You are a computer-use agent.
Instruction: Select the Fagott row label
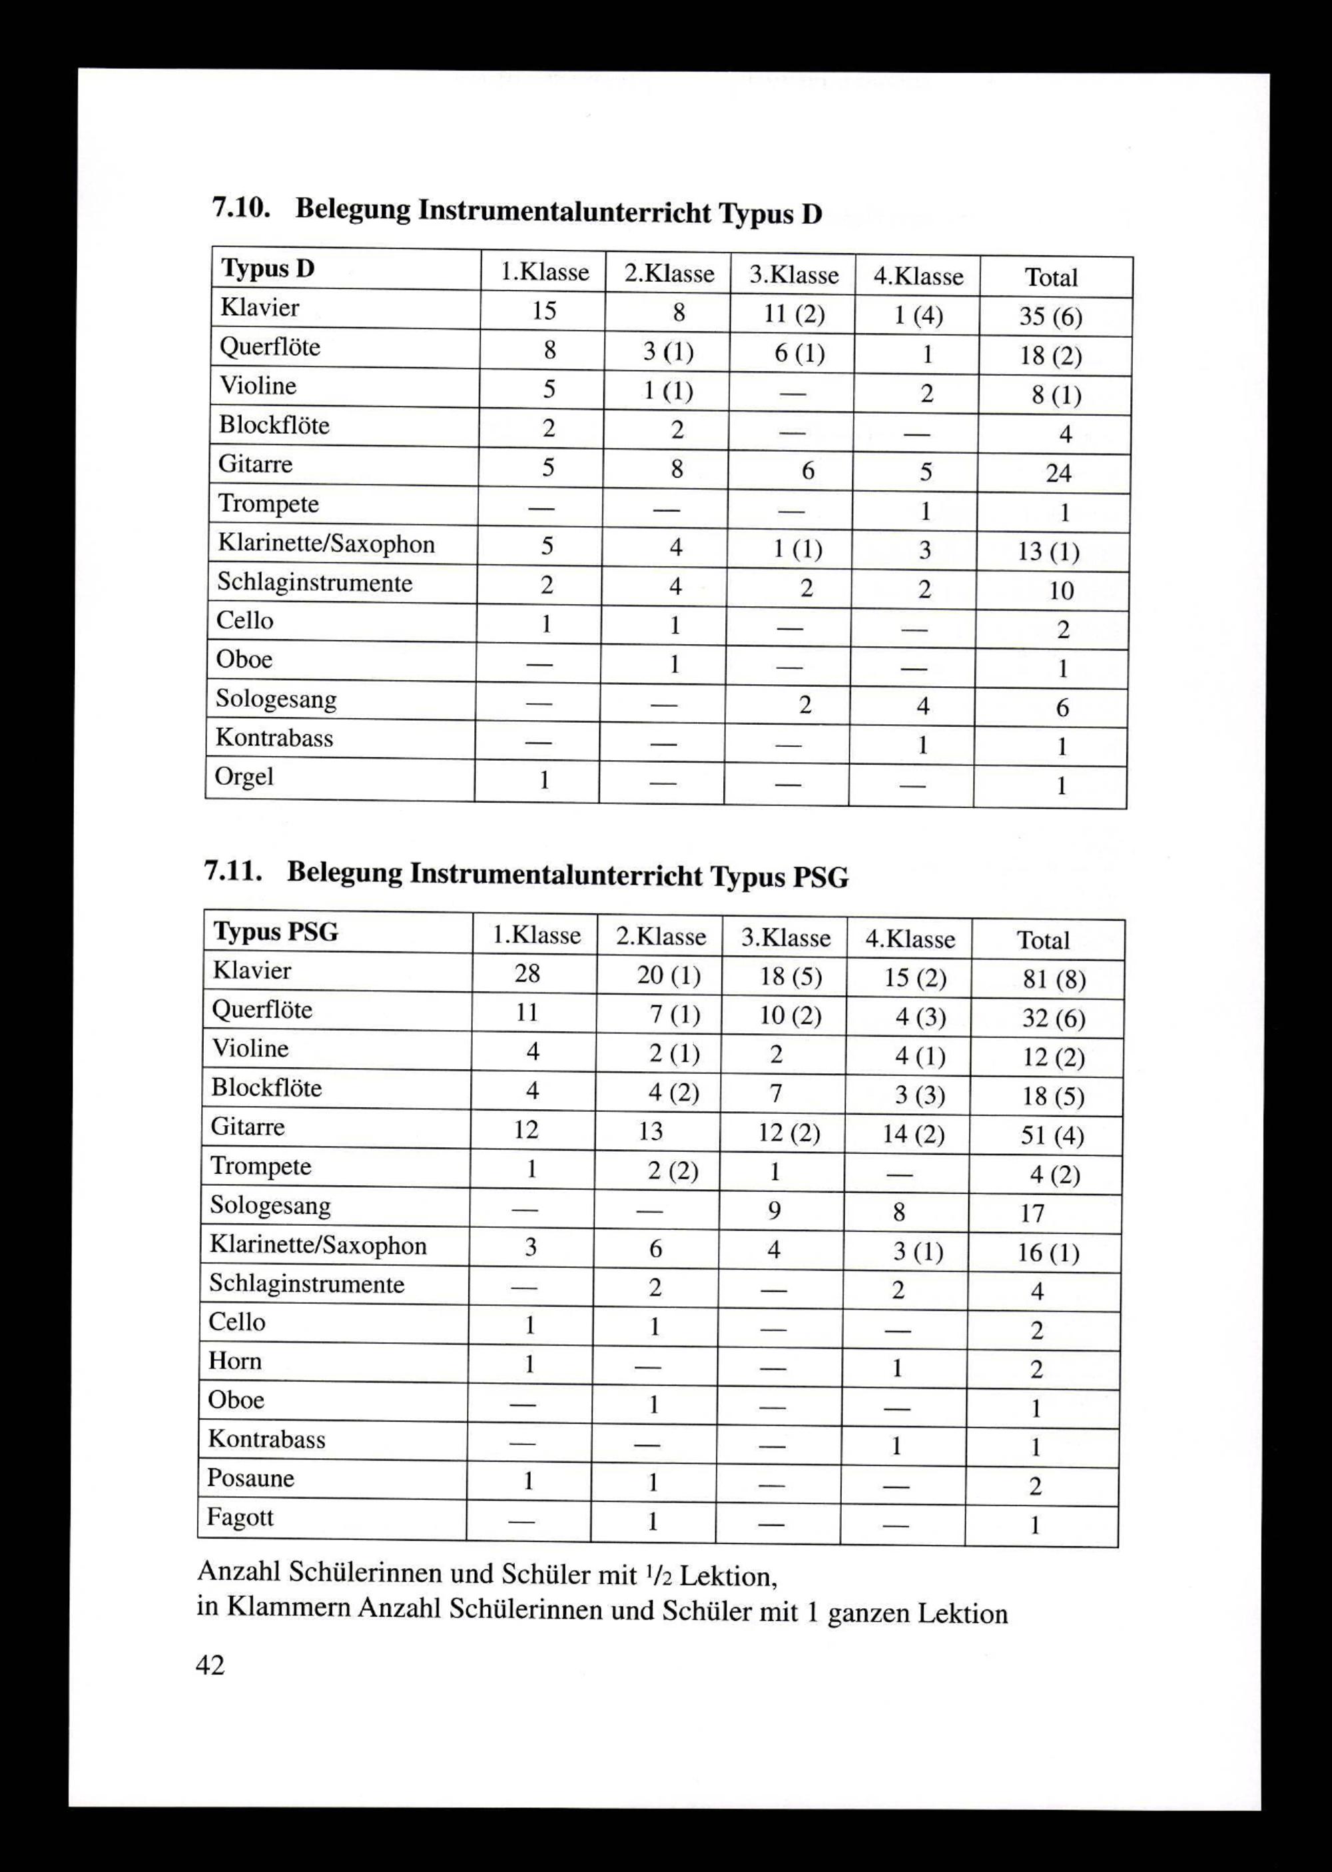[x=240, y=1517]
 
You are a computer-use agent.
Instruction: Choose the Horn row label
[x=234, y=1361]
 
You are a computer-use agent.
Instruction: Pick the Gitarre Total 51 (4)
[x=1052, y=1136]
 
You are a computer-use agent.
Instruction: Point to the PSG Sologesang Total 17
[x=1032, y=1212]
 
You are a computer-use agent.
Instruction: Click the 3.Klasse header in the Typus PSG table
[x=785, y=937]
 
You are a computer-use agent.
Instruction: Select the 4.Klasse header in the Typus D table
[x=918, y=276]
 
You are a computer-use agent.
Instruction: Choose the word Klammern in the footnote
[x=287, y=1607]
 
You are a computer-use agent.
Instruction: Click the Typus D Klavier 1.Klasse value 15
[x=544, y=310]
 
